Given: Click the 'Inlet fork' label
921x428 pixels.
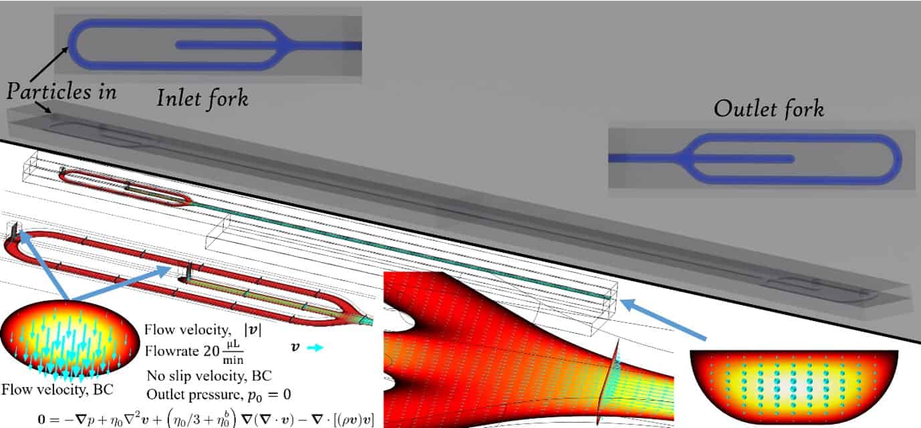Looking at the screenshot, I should tap(202, 98).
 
